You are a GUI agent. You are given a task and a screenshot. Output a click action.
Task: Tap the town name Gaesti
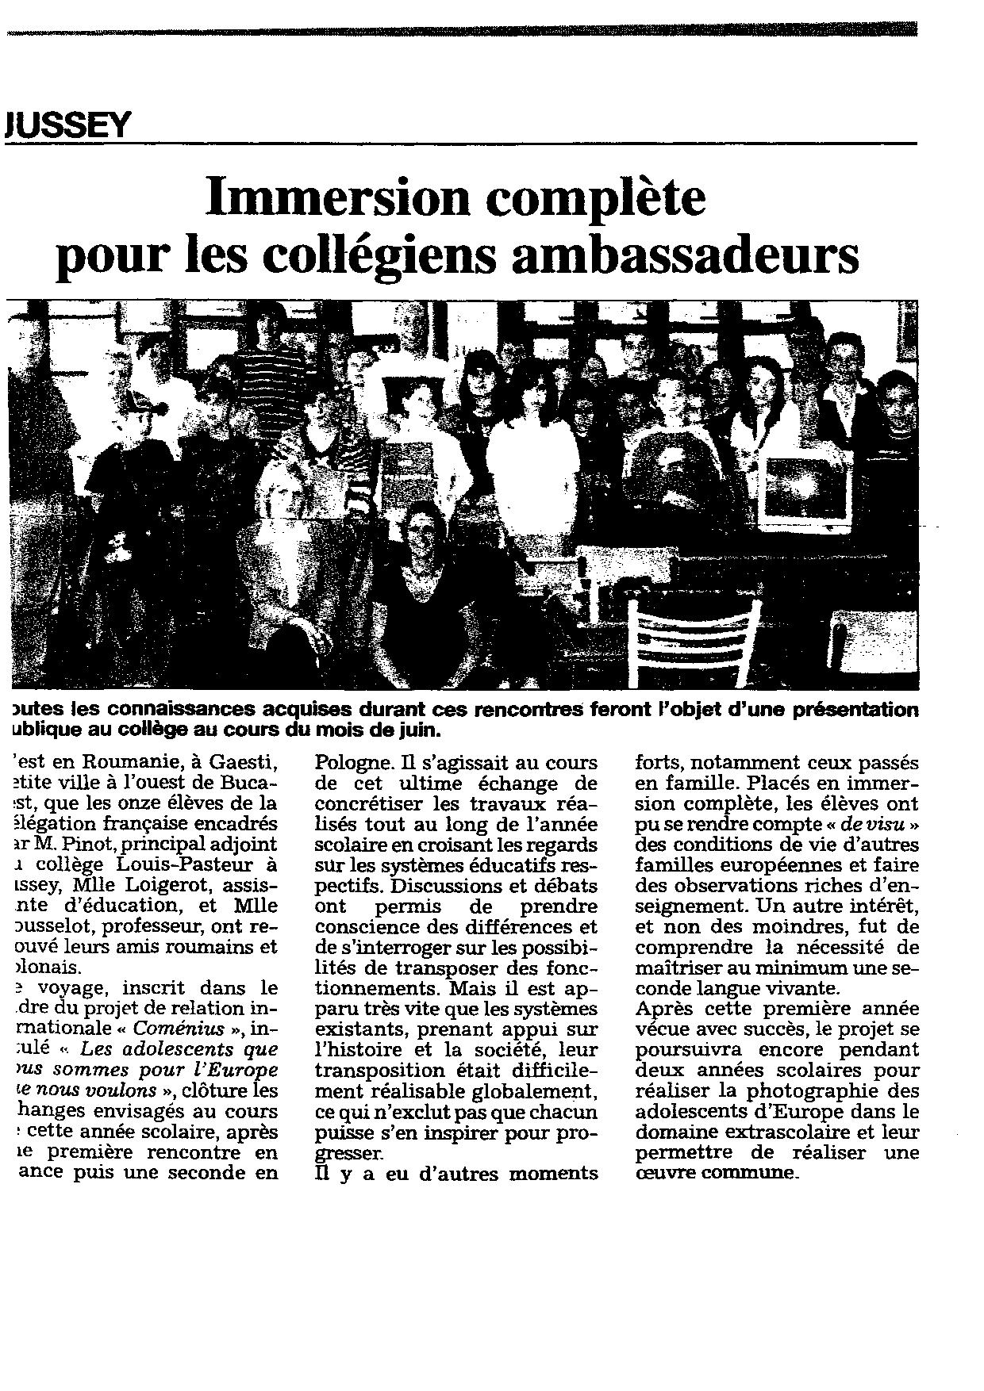pyautogui.click(x=247, y=763)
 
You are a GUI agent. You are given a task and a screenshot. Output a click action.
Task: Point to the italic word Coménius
pyautogui.click(x=170, y=1029)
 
